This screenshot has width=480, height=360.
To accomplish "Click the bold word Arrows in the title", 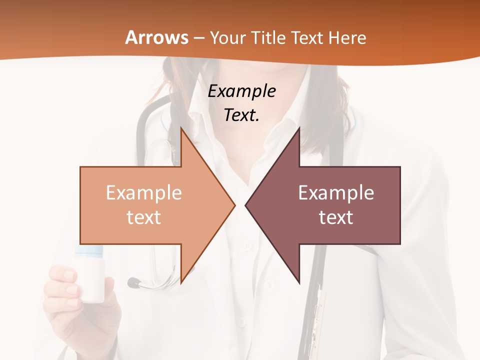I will coord(157,37).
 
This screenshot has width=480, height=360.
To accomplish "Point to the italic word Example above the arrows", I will coord(242,91).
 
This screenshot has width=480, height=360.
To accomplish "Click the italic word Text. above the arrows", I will coord(241,115).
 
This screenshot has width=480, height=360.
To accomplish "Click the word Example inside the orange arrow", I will coord(144,193).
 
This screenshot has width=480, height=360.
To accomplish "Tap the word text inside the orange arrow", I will coord(144,217).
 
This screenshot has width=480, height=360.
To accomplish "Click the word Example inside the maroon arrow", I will coord(336,193).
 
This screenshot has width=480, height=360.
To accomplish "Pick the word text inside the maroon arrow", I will coord(336,217).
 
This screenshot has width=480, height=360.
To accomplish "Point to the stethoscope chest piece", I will coord(134,283).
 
